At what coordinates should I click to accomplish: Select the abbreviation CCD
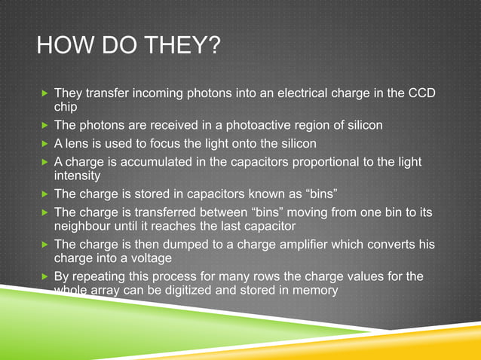pyautogui.click(x=421, y=94)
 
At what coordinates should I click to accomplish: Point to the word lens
pyautogui.click(x=79, y=142)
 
